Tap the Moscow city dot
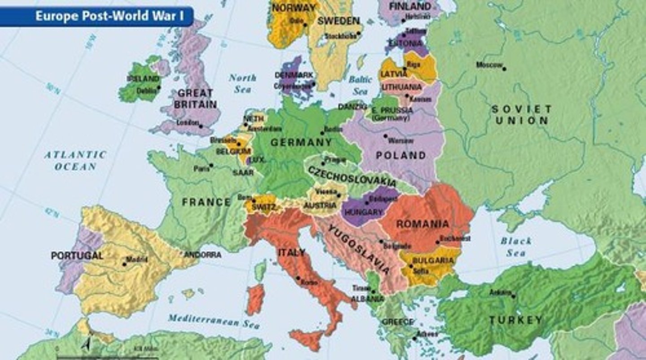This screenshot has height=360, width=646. coord(504,69)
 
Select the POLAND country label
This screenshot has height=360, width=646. coord(401,156)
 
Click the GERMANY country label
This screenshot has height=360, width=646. coord(301,143)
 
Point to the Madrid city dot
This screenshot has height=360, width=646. coord(124,264)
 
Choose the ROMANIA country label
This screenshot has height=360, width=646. coord(422,224)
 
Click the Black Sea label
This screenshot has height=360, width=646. coord(516,247)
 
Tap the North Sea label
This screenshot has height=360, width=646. coord(243,83)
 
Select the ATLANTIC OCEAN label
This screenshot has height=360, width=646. coord(75,160)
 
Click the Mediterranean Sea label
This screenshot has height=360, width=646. coord(214,321)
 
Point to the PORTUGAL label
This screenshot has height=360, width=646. coord(77,256)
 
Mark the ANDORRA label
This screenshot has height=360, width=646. coord(203,255)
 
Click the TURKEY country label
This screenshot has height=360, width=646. coord(515,320)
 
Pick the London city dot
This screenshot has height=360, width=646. coord(201,126)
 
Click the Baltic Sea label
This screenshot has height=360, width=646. coord(360,85)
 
